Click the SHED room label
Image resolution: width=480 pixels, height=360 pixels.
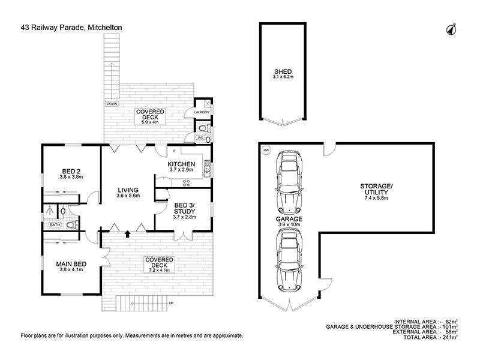tap(283, 71)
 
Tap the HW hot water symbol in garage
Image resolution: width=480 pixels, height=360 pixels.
tap(266, 151)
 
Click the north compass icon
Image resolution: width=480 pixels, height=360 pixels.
tap(451, 29)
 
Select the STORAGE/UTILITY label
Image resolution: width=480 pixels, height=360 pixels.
tap(376, 189)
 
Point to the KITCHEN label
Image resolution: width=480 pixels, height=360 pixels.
tap(181, 164)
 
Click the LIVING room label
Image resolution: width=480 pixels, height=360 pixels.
tap(128, 190)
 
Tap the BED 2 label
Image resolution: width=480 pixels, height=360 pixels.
tap(71, 172)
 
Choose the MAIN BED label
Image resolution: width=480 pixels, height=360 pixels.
tap(71, 264)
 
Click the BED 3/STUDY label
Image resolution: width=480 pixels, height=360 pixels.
tap(184, 208)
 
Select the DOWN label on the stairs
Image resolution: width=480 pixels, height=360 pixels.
tap(112, 104)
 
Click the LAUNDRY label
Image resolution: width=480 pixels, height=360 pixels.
tap(202, 112)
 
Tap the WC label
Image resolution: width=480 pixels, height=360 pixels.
tap(200, 138)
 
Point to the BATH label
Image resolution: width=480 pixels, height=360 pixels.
tap(55, 225)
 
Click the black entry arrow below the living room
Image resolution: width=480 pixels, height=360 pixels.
tap(127, 234)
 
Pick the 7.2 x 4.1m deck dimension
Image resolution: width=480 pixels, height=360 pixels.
tap(159, 271)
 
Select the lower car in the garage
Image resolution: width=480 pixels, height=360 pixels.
tap(289, 260)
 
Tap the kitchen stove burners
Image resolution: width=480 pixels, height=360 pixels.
tap(186, 183)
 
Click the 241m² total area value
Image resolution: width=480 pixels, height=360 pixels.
tap(450, 337)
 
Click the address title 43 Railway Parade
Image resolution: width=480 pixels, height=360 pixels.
tap(52, 28)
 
